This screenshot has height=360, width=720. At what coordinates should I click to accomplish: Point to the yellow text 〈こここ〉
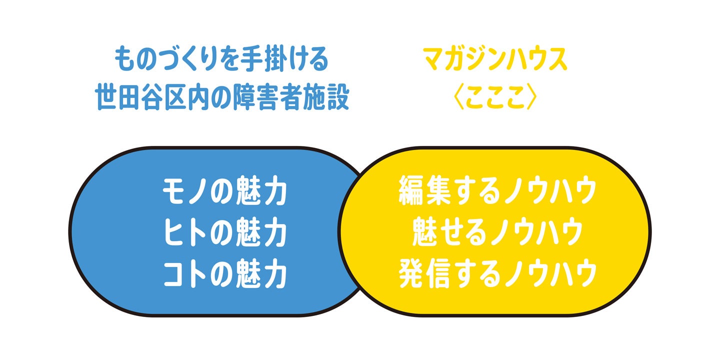coord(495,98)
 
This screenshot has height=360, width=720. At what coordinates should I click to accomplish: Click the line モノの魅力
coord(224,192)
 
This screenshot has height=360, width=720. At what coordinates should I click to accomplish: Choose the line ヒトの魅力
coord(224,233)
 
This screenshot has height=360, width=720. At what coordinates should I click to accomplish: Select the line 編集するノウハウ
coord(497,192)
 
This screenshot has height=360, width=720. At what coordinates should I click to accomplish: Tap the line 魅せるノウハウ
coord(497,233)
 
